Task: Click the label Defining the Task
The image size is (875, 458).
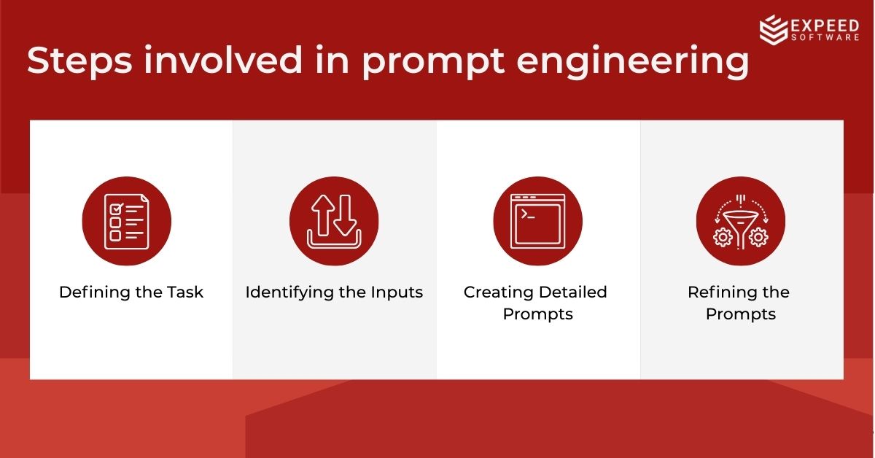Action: coord(131,292)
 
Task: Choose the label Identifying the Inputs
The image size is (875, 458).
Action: coord(334,292)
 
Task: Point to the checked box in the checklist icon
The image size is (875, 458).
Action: coord(114,209)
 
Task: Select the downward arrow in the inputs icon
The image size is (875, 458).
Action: coord(345,215)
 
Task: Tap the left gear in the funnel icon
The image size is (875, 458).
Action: coord(722,237)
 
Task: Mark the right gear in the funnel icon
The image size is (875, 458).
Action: coord(758,237)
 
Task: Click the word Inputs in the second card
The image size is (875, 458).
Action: coord(396,292)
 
